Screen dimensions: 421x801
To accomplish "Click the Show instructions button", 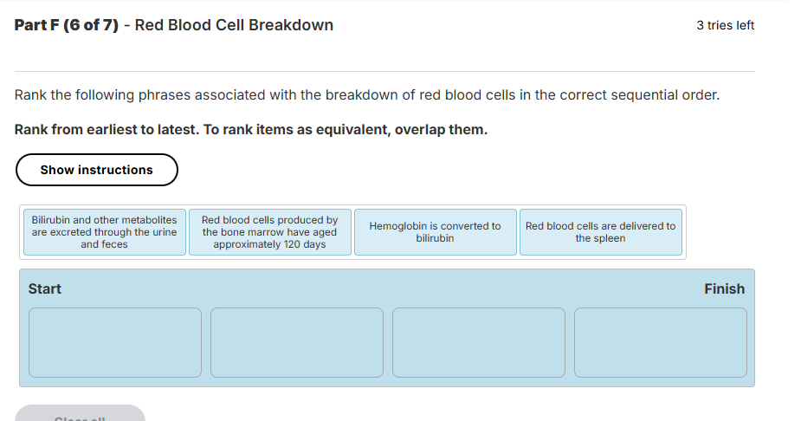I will tap(96, 170).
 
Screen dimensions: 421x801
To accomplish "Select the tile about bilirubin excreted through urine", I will tap(104, 232).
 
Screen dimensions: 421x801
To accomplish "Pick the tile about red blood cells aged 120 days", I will tap(269, 232).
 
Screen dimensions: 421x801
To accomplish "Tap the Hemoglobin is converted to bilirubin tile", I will tap(435, 232).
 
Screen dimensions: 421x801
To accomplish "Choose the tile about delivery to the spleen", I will tap(600, 232).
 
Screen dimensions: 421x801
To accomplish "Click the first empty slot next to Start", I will tap(115, 342).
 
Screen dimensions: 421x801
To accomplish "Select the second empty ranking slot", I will tap(297, 342).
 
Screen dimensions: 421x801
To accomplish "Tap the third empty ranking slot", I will tap(479, 342).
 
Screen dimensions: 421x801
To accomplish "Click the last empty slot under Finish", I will tap(660, 342).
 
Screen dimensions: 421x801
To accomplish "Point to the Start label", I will tap(45, 289).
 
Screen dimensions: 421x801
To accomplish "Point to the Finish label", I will tap(724, 289).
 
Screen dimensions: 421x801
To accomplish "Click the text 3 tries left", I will tap(725, 25).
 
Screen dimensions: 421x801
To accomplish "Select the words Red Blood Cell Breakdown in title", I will tap(234, 25).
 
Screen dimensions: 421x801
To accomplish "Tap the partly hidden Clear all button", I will tap(81, 415).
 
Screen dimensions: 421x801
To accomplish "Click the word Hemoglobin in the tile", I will tap(398, 226).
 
